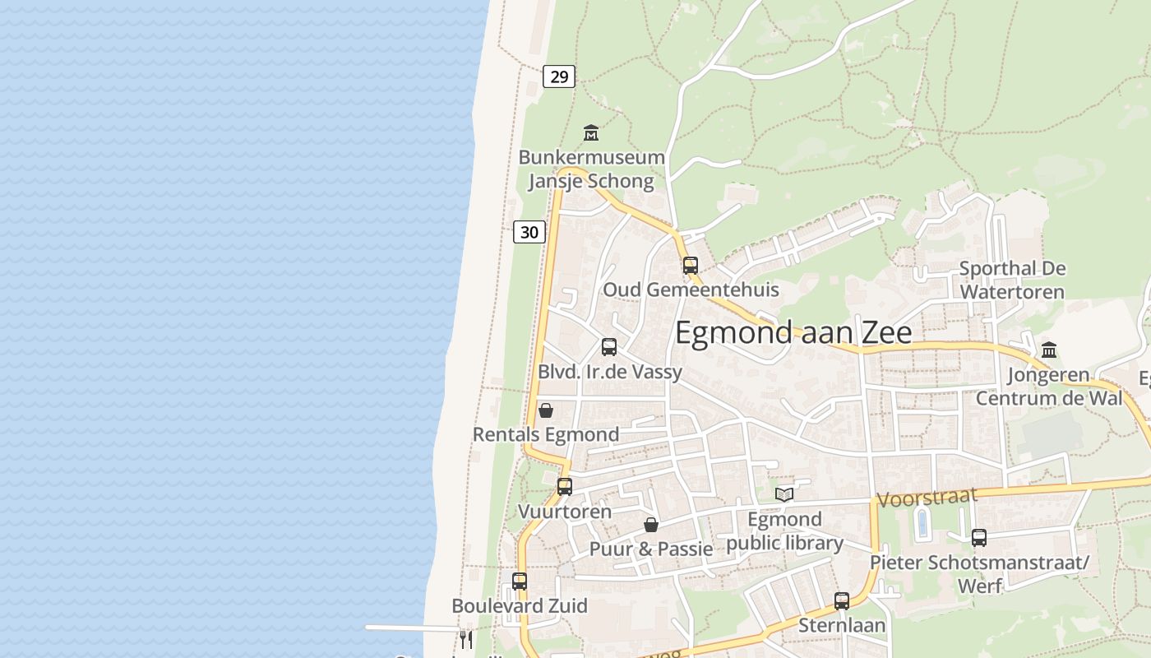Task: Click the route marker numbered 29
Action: tap(559, 76)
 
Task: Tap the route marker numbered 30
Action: tap(529, 232)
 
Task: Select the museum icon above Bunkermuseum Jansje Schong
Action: tap(590, 132)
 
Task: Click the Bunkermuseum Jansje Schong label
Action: tap(591, 169)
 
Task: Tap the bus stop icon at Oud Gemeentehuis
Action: tap(691, 265)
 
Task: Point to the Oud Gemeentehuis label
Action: tap(691, 290)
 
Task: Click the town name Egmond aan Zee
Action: tap(793, 332)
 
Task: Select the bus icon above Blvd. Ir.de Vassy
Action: tap(609, 347)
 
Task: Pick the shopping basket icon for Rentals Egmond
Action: tap(546, 410)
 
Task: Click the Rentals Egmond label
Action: tap(546, 434)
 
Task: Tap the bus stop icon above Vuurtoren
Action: tap(565, 486)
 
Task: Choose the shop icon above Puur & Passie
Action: tap(651, 524)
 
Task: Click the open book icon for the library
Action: tap(784, 494)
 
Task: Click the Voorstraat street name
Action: tap(927, 497)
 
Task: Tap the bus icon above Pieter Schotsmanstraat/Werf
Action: tap(979, 538)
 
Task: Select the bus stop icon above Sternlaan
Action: tap(842, 600)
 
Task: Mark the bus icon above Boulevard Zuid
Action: tap(520, 582)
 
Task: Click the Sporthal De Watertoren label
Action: tap(1012, 280)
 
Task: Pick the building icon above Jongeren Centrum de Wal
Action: tap(1049, 350)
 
